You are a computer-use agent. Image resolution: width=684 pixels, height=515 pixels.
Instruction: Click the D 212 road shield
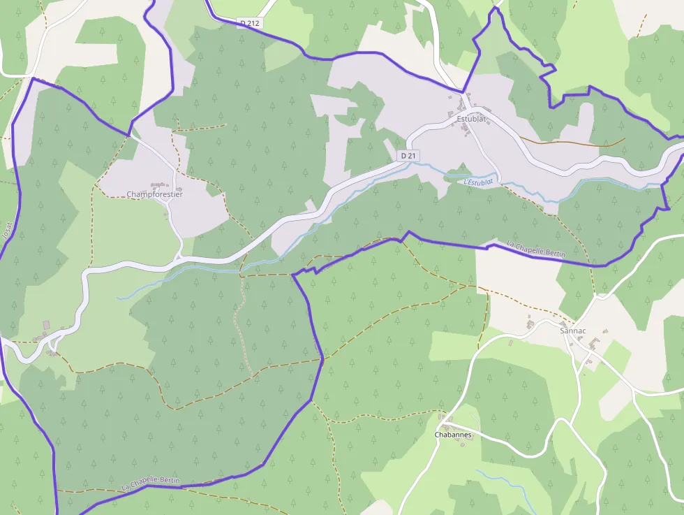point(249,23)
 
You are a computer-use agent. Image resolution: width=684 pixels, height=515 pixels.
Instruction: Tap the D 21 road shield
point(408,155)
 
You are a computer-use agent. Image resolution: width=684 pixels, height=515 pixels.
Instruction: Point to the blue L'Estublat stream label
point(478,182)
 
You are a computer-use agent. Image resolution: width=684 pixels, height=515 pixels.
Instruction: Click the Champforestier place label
point(154,194)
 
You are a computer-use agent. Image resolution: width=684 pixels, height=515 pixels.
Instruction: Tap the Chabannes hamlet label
point(453,435)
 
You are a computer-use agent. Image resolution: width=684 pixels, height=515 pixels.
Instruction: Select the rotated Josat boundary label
point(8,231)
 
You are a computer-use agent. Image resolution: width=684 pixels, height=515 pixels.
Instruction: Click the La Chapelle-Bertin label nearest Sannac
point(536,249)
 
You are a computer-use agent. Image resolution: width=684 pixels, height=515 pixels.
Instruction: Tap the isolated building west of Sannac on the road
point(530,324)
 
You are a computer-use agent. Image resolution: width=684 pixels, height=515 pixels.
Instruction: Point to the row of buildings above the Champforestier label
point(159,184)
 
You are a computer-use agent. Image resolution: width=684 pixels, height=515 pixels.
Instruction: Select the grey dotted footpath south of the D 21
point(241,328)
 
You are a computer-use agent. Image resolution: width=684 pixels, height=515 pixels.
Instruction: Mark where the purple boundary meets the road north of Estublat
point(462,92)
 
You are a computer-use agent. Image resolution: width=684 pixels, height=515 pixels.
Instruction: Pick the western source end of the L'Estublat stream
point(119,298)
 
